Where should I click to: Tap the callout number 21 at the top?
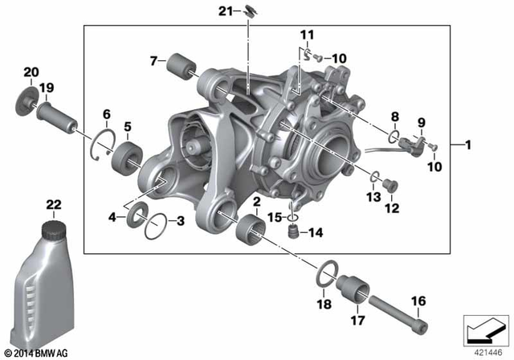point(226,10)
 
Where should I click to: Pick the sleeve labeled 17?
point(354,290)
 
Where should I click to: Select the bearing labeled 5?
point(126,153)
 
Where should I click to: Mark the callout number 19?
point(47,88)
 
